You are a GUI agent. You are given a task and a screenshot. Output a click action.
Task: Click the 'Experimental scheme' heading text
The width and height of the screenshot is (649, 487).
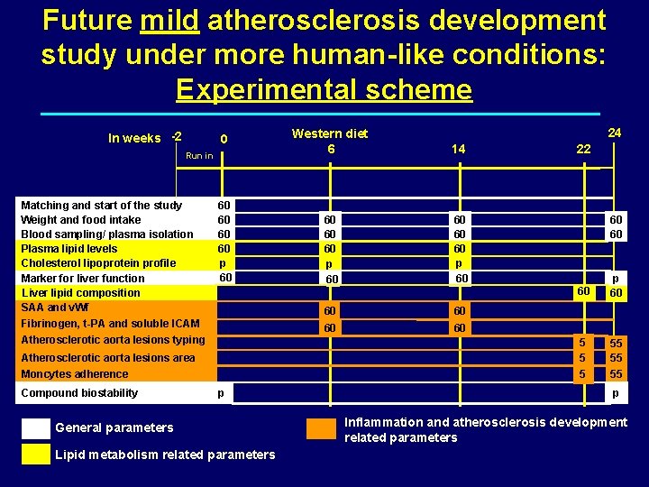pyautogui.click(x=324, y=89)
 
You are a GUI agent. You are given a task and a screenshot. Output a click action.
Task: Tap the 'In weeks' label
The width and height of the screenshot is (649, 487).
pyautogui.click(x=134, y=138)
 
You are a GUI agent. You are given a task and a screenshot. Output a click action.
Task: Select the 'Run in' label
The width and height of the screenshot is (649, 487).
pyautogui.click(x=199, y=156)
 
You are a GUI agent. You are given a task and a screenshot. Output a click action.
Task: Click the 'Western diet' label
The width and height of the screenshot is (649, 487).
pyautogui.click(x=330, y=133)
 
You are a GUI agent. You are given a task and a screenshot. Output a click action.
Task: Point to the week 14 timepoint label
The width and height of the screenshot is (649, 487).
pyautogui.click(x=459, y=149)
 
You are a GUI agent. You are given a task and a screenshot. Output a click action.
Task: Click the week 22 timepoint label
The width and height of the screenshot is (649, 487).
pyautogui.click(x=584, y=149)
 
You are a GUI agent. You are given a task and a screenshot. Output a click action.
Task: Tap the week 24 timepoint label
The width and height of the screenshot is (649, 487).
pyautogui.click(x=615, y=132)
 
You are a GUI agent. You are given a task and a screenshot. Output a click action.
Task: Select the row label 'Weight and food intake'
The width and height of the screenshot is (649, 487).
pyautogui.click(x=81, y=219)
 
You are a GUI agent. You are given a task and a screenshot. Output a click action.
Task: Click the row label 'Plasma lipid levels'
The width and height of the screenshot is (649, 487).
pyautogui.click(x=69, y=248)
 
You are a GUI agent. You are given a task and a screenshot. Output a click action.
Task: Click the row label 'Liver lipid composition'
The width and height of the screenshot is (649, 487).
pyautogui.click(x=81, y=292)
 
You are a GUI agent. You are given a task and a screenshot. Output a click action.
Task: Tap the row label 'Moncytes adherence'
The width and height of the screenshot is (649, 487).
pyautogui.click(x=75, y=373)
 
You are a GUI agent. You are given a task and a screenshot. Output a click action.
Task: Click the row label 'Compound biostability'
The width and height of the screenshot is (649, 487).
pyautogui.click(x=79, y=392)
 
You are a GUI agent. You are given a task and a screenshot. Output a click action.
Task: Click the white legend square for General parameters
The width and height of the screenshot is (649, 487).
pyautogui.click(x=35, y=427)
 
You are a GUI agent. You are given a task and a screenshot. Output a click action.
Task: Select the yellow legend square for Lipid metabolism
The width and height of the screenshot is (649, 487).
pyautogui.click(x=35, y=454)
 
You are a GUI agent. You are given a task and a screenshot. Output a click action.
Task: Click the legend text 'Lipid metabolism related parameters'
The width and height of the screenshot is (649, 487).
pyautogui.click(x=165, y=455)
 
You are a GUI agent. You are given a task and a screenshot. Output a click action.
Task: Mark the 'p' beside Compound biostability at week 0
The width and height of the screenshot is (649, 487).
pyautogui.click(x=219, y=394)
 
